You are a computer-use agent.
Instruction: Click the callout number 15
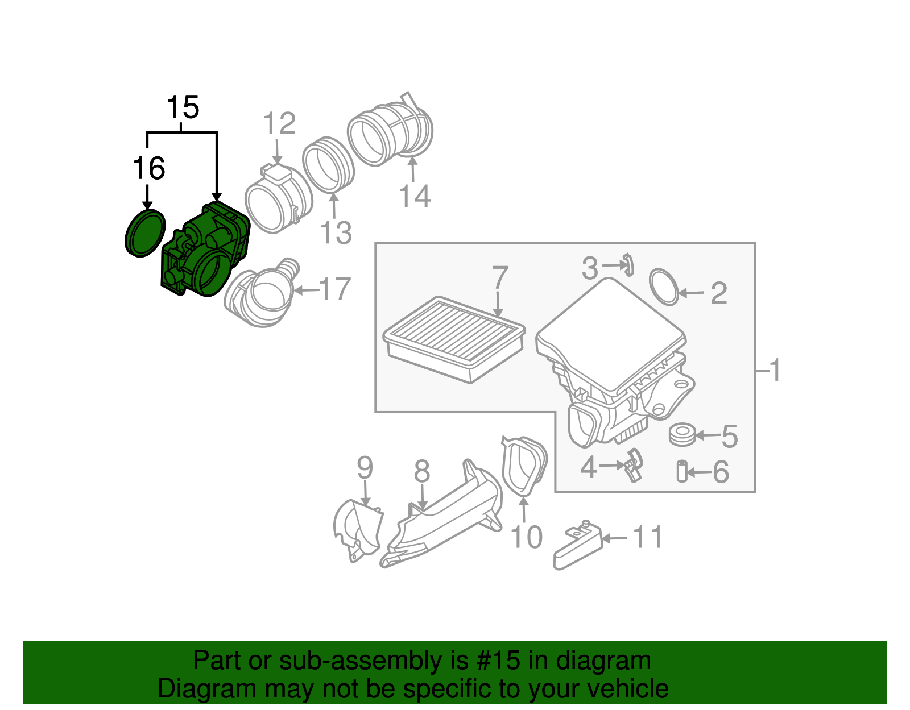(x=183, y=107)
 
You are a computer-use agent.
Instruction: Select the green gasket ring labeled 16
(x=144, y=233)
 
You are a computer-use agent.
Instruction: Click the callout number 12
(x=279, y=124)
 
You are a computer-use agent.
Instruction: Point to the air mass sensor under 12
(x=278, y=199)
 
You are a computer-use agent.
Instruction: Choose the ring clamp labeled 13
(x=328, y=164)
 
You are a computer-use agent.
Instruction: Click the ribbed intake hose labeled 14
(x=391, y=132)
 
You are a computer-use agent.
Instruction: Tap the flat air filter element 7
(x=453, y=338)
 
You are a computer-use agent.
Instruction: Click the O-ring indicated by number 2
(x=664, y=287)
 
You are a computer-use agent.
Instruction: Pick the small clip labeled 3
(x=628, y=264)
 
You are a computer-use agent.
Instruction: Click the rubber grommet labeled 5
(x=681, y=435)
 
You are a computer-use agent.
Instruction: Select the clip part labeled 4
(x=633, y=464)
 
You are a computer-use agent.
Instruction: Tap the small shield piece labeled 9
(x=358, y=529)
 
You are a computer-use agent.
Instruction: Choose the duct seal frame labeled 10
(x=523, y=466)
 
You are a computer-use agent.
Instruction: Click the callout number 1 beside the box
(x=775, y=370)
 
